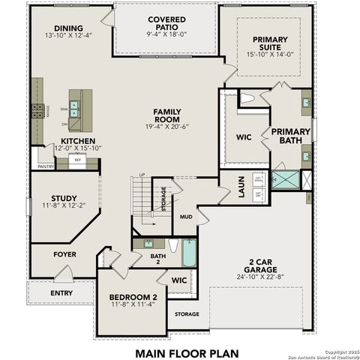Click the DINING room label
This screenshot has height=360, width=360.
pos(68,28)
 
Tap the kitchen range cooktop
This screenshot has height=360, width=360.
pos(38,111)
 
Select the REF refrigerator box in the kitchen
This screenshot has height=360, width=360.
pos(77,160)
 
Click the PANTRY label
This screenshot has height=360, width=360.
pos(46,166)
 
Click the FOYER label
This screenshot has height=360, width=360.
pos(64,254)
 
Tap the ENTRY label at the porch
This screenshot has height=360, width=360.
pos(61,292)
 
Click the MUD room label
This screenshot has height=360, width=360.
pos(186,216)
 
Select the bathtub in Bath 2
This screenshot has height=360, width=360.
pos(188,253)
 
